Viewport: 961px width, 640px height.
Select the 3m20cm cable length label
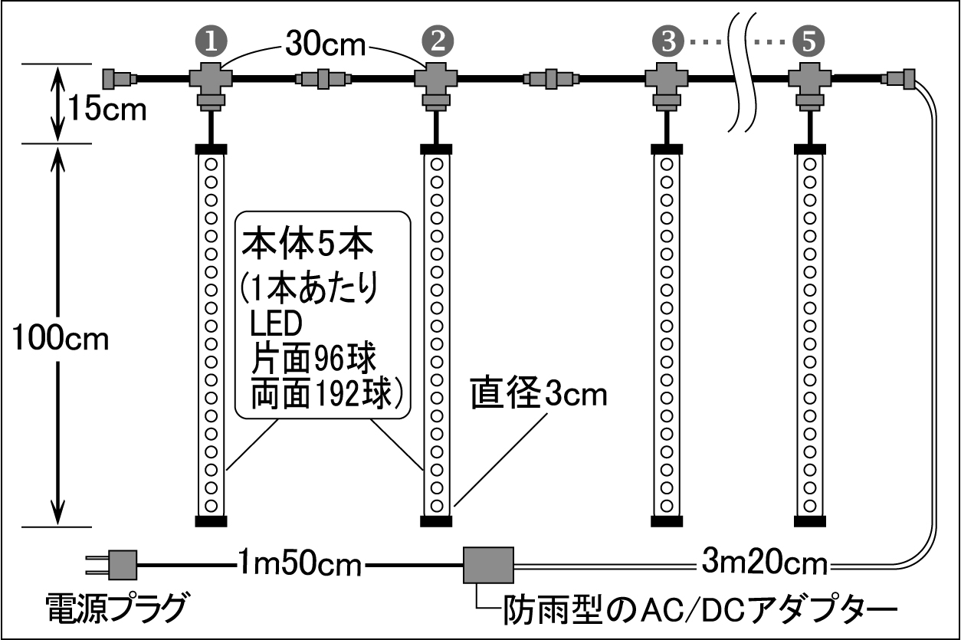[765, 566]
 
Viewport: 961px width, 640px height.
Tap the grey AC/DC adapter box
[488, 565]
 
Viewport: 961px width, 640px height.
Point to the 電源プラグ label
[115, 609]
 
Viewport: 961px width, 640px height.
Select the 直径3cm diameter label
[539, 396]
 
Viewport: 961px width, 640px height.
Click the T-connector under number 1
[208, 84]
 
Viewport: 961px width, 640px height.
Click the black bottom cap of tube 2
[438, 521]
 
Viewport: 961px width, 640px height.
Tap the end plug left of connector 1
[119, 77]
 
